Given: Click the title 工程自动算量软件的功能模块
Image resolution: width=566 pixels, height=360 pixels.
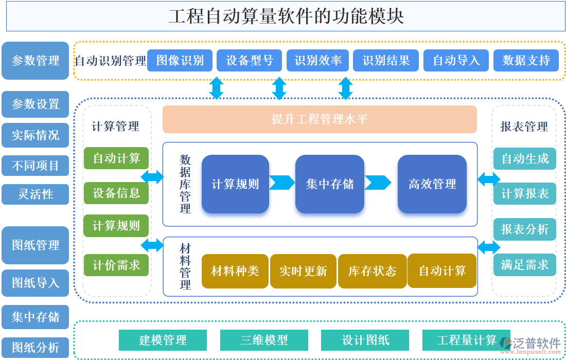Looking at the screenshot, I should click(x=286, y=16).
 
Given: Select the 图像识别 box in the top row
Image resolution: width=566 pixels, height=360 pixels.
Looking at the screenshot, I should click(x=180, y=61).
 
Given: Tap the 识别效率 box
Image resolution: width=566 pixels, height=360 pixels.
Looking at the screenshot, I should click(x=317, y=61).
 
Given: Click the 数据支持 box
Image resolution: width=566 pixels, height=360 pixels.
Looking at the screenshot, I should click(x=526, y=61).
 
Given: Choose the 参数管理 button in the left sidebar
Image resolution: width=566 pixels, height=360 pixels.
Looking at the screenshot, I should click(x=36, y=61).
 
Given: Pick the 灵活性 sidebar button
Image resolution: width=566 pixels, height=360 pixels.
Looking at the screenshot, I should click(x=36, y=194).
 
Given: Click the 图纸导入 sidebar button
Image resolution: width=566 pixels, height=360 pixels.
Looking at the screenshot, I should click(x=36, y=283).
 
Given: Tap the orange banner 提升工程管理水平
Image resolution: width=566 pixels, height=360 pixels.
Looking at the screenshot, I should click(x=320, y=119).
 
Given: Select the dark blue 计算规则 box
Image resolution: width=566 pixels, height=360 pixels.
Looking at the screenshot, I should click(x=235, y=184).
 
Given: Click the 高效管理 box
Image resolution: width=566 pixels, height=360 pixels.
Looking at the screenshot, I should click(x=432, y=184).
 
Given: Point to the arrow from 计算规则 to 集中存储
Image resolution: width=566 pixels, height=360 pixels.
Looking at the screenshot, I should click(x=281, y=183).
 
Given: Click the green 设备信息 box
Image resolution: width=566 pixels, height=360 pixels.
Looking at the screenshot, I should click(x=116, y=193).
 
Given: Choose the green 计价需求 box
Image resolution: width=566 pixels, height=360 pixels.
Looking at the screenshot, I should click(x=116, y=265).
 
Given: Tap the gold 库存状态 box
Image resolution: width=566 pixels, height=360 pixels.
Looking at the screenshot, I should click(x=372, y=271).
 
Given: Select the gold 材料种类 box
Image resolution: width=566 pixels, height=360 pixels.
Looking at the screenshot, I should click(x=235, y=271).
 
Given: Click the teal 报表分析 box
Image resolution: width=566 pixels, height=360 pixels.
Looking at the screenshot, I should click(x=524, y=229).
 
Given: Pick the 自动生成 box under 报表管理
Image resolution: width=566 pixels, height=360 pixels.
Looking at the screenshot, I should click(x=524, y=159).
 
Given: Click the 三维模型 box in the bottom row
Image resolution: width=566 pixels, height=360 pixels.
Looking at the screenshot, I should click(x=264, y=340).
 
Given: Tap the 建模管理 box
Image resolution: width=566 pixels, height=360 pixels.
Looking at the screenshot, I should click(x=163, y=340).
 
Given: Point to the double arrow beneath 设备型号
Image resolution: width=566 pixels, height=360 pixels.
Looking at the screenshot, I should click(x=279, y=88).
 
